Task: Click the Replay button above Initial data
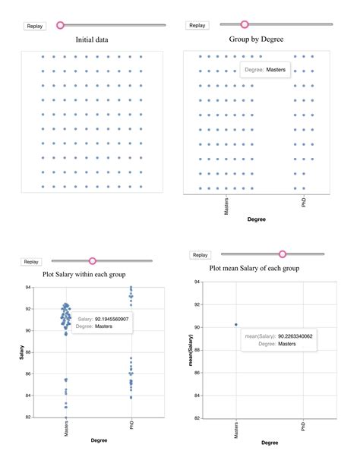click(x=35, y=26)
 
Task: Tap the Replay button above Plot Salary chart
click(x=31, y=262)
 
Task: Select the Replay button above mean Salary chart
click(x=200, y=255)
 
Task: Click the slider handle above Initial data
click(x=61, y=25)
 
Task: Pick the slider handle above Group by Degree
click(x=245, y=25)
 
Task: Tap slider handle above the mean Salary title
click(x=283, y=254)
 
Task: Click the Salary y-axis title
click(x=23, y=352)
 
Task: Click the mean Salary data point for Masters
click(x=236, y=325)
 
